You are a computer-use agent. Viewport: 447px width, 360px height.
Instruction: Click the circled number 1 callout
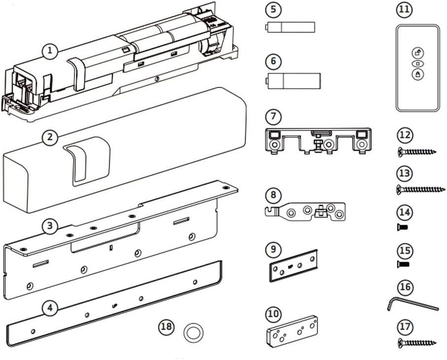pos(50,51)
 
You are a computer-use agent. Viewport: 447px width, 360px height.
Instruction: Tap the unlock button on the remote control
pos(418,53)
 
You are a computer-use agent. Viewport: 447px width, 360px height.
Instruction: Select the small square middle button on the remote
pos(418,64)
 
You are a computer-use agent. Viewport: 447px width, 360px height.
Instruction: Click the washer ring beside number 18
pos(193,332)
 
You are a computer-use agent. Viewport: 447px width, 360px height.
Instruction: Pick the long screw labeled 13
pos(421,189)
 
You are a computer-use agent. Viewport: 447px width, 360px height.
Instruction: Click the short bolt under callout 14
pos(403,227)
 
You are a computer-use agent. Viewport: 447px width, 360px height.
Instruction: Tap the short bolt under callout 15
pos(403,265)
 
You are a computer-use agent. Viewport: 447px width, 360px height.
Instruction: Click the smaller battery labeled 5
pos(290,28)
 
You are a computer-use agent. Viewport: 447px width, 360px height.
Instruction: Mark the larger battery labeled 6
pos(293,81)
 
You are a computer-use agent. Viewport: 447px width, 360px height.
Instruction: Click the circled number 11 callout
pos(405,10)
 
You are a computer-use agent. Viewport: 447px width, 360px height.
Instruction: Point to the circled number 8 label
pos(273,195)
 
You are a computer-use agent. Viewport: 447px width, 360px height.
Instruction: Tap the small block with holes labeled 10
pos(292,332)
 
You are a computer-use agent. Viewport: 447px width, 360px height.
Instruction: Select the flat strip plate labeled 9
pos(293,266)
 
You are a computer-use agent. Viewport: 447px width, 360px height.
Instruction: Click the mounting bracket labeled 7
pos(318,141)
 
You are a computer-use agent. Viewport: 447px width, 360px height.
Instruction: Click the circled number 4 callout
pos(50,308)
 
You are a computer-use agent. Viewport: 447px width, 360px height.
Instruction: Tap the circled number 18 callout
pos(166,327)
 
